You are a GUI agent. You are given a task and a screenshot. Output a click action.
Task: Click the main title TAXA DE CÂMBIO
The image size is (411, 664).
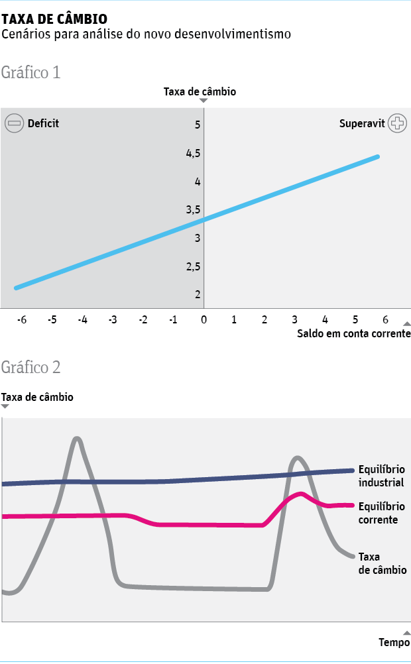tap(54, 19)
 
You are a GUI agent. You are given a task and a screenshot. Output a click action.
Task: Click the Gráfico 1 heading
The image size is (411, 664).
tap(31, 72)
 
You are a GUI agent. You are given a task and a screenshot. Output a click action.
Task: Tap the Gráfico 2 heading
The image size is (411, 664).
tap(31, 367)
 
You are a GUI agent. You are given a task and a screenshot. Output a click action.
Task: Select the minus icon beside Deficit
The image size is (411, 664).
tap(15, 123)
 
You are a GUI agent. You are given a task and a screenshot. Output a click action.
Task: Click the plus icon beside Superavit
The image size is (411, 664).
tap(397, 123)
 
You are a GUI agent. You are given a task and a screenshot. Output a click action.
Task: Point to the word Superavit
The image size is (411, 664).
tap(362, 124)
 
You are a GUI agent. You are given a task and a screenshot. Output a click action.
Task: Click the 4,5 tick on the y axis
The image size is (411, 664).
tap(194, 153)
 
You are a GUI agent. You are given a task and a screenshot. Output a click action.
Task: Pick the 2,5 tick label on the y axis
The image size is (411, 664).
tap(194, 266)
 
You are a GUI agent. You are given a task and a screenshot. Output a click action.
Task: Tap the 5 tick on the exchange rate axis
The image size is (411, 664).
tap(198, 125)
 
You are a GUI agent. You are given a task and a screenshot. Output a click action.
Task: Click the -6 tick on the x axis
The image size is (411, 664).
tap(22, 319)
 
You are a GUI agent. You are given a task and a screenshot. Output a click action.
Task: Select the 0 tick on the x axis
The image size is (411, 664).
tap(204, 319)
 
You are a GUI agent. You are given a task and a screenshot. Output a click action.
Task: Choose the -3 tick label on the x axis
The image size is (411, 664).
tap(113, 319)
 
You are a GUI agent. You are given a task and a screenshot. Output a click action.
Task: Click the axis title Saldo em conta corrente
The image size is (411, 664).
tap(353, 333)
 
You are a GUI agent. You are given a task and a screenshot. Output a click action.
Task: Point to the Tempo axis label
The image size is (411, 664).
tap(394, 642)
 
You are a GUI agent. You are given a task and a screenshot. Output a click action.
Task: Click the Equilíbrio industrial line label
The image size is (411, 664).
tap(381, 476)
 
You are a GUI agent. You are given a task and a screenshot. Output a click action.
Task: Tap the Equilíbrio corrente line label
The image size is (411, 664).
tap(381, 514)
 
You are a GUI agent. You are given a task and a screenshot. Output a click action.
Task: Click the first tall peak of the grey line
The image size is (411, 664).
tap(78, 438)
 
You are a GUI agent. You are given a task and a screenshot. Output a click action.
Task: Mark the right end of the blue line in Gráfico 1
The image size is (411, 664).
tap(377, 156)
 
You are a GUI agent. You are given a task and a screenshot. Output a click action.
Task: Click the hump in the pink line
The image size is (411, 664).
tap(301, 494)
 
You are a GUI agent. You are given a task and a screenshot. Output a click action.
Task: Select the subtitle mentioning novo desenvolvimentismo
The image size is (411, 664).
tap(147, 34)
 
